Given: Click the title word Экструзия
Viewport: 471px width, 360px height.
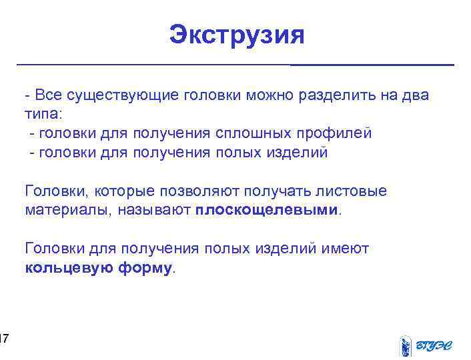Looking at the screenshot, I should pyautogui.click(x=236, y=35).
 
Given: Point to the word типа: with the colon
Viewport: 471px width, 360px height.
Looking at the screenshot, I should pyautogui.click(x=43, y=114).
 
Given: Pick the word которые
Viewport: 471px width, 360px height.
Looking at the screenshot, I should pyautogui.click(x=123, y=191).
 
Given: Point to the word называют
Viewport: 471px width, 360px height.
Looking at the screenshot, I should pyautogui.click(x=155, y=211).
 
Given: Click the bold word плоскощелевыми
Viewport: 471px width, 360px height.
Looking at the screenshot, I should pyautogui.click(x=268, y=211).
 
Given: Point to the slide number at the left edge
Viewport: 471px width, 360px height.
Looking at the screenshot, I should pyautogui.click(x=3, y=341).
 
